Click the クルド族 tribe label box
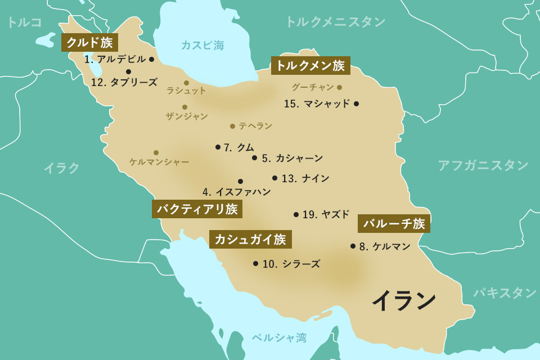89,42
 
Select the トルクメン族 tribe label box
310,66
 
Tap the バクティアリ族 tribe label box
197,210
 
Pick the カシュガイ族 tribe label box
250,240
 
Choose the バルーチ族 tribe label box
394,224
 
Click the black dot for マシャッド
356,103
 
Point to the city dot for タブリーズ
129,71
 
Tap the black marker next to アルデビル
151,59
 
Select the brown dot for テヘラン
232,126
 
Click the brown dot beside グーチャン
339,87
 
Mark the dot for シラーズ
255,263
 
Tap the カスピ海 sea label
202,46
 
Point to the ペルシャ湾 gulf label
279,337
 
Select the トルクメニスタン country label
335,22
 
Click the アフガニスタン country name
483,165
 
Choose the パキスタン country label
505,292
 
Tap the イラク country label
62,168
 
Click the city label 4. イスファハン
237,192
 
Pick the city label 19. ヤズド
326,214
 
